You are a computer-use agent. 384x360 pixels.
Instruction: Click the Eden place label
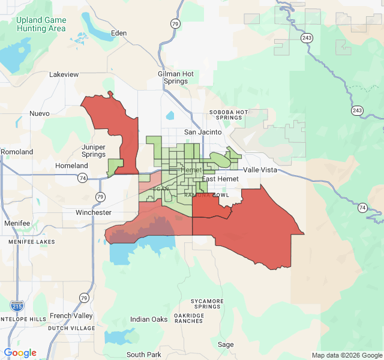point(119,33)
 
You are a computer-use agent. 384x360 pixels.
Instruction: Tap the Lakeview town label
point(64,74)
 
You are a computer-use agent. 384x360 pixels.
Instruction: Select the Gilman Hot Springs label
point(176,77)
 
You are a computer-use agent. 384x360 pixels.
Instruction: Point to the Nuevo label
point(40,113)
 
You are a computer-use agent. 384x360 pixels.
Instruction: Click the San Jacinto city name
point(203,132)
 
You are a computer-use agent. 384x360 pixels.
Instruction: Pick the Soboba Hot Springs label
point(229,115)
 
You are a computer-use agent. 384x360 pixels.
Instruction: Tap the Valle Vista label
point(260,170)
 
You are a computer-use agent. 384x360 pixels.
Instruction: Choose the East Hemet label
point(220,179)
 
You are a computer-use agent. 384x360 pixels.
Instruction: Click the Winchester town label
point(94,212)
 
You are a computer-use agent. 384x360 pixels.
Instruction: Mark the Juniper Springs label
point(93,151)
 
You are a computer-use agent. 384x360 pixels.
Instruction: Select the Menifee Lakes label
point(31,242)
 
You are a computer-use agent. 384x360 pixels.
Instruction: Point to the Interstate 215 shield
point(18,306)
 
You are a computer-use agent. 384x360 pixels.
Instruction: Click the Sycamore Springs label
point(207,304)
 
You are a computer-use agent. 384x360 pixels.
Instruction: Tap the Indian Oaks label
point(149,319)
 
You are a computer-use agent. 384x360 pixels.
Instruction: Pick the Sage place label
point(226,344)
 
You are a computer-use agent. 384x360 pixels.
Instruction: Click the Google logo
point(20,353)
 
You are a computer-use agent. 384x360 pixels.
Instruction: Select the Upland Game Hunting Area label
point(41,24)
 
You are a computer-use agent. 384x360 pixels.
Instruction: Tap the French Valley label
point(71,316)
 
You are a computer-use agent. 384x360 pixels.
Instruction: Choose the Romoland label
point(17,152)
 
